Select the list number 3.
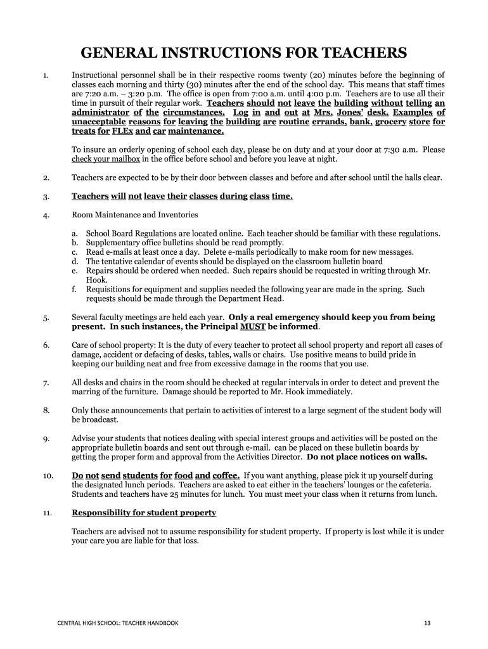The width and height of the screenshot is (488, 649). click(46, 197)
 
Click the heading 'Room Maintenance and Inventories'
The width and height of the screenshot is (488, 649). click(135, 215)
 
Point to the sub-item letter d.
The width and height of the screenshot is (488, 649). click(75, 261)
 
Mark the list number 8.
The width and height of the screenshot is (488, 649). click(46, 411)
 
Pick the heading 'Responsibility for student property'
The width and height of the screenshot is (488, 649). click(144, 513)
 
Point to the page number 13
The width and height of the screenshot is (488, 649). click(427, 623)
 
